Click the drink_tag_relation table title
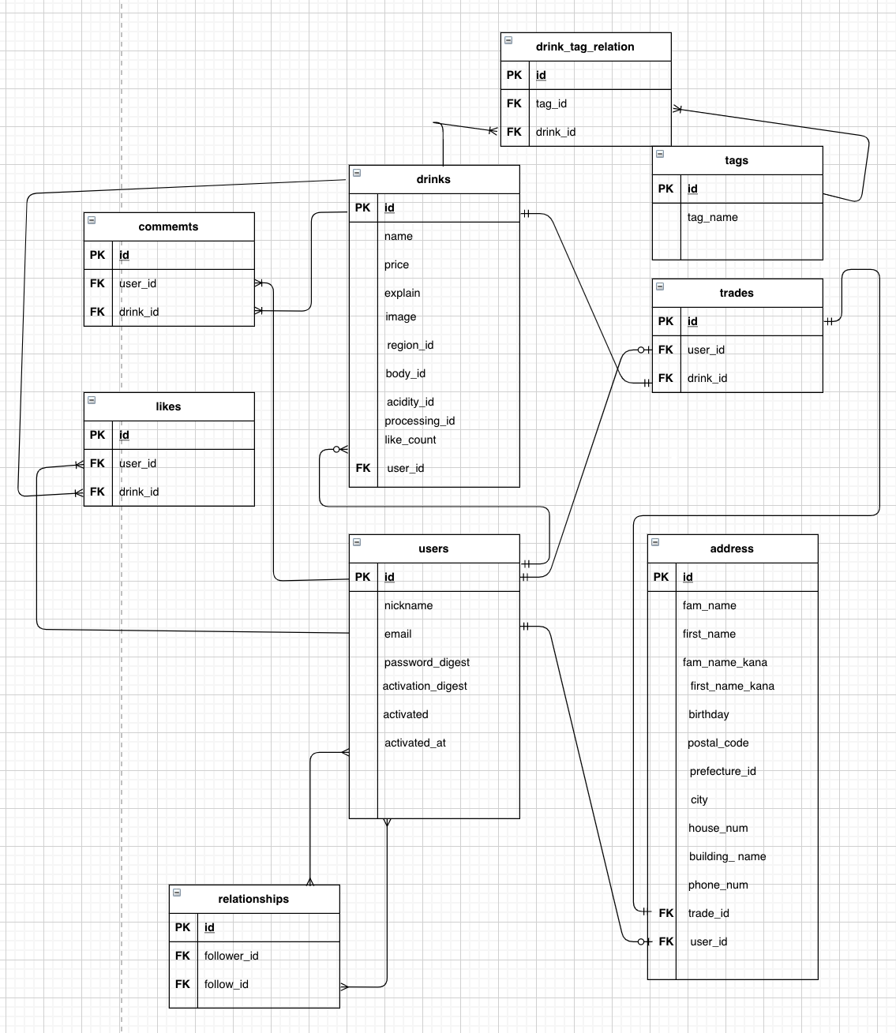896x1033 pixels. coord(585,47)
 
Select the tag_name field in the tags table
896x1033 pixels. coord(712,217)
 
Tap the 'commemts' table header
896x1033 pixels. coord(168,226)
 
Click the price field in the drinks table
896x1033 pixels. coord(396,264)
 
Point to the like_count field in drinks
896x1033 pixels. coord(411,440)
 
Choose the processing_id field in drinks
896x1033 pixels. coord(419,421)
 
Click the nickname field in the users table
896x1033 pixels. coord(408,605)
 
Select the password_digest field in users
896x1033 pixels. coord(427,662)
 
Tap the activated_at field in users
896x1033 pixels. coord(415,743)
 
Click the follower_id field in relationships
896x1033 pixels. coord(231,956)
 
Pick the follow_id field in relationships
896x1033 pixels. coord(227,984)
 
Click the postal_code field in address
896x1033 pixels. coord(718,743)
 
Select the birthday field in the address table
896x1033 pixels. coord(708,714)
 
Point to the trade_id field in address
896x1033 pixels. coord(708,913)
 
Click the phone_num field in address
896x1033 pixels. coord(718,885)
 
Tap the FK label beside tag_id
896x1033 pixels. coord(514,103)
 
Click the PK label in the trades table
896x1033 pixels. coord(665,321)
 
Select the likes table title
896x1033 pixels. coord(168,406)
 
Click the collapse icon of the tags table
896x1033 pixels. coord(660,154)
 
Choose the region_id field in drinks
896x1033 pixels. coord(410,345)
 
